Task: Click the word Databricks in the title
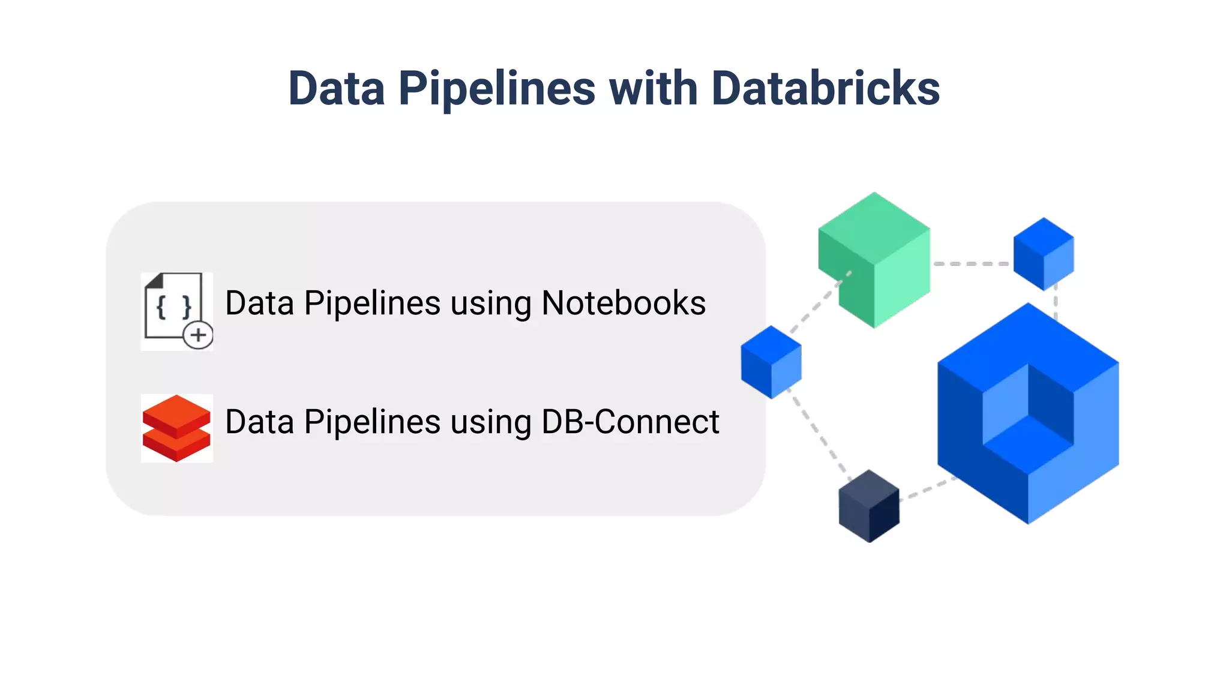point(825,89)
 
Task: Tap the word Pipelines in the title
point(497,89)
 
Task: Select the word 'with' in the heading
point(653,89)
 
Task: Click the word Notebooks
point(624,303)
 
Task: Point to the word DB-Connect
point(630,422)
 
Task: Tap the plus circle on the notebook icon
point(198,335)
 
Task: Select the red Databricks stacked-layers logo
point(176,428)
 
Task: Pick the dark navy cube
point(869,507)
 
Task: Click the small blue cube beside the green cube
point(1044,254)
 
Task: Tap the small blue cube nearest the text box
point(771,362)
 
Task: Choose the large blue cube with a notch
point(1028,414)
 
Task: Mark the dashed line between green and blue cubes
point(972,263)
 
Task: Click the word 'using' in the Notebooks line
point(491,303)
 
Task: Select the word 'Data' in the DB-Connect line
point(259,422)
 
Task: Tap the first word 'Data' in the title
point(336,89)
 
